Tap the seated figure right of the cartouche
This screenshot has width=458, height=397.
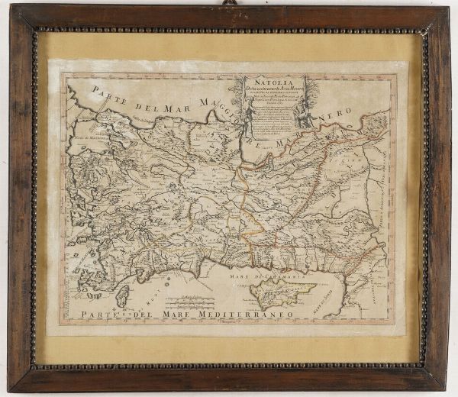pos(300,112)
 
